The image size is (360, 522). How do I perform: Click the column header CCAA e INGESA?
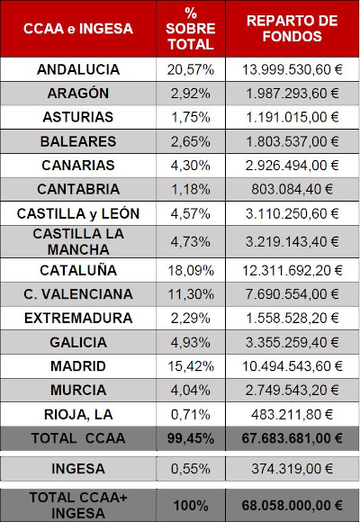click(x=78, y=29)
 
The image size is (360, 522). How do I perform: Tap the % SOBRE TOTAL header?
click(x=191, y=29)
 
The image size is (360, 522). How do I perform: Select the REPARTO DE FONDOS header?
click(x=292, y=28)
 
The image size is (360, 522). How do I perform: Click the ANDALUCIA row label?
click(x=78, y=69)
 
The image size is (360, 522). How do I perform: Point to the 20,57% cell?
click(x=191, y=69)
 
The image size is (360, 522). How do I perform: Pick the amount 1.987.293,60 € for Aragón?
click(x=292, y=94)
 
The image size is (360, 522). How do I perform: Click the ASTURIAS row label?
click(x=78, y=117)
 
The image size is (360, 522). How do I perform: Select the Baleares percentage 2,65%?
click(x=191, y=141)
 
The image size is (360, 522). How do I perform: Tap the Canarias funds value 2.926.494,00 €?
click(x=292, y=166)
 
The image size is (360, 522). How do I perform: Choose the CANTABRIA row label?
click(x=78, y=189)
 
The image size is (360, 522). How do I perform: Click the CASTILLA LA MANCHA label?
click(x=78, y=242)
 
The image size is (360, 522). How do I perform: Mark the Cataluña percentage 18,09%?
click(x=191, y=270)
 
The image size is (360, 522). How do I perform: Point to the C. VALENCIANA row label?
click(x=78, y=294)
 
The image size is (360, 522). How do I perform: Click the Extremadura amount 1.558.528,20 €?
click(x=292, y=319)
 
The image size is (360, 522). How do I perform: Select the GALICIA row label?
click(x=78, y=343)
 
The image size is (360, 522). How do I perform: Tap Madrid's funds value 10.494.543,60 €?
click(x=292, y=366)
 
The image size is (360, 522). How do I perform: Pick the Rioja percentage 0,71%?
click(x=191, y=415)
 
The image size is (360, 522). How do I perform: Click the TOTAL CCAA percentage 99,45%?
click(x=191, y=438)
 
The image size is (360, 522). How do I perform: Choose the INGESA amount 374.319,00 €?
click(x=292, y=469)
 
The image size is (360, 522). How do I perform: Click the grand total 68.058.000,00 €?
click(x=292, y=506)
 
